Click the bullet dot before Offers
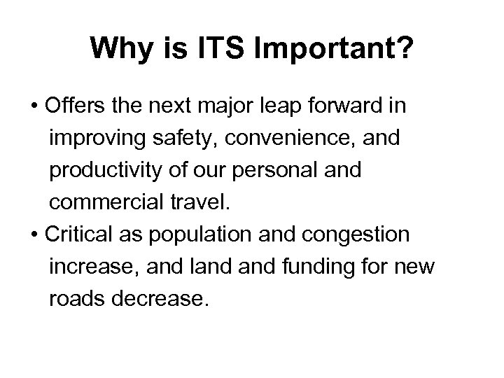pos(33,107)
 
